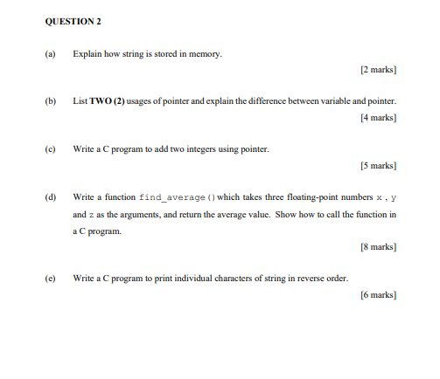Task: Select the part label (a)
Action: pyautogui.click(x=49, y=54)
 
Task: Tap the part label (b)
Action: pyautogui.click(x=49, y=101)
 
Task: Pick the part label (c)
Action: pyautogui.click(x=49, y=149)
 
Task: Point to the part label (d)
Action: pyautogui.click(x=49, y=197)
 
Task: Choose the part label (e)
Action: pyautogui.click(x=49, y=279)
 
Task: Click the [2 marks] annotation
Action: pyautogui.click(x=378, y=69)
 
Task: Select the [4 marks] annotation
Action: pyautogui.click(x=378, y=117)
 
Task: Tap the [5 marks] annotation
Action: pyautogui.click(x=378, y=165)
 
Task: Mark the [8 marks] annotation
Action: pyautogui.click(x=378, y=248)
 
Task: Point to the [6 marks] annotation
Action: pyautogui.click(x=378, y=295)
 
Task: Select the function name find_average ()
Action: pyautogui.click(x=170, y=197)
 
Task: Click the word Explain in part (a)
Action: pyautogui.click(x=90, y=54)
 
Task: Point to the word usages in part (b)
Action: pyautogui.click(x=144, y=101)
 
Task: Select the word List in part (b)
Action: pyautogui.click(x=80, y=101)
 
